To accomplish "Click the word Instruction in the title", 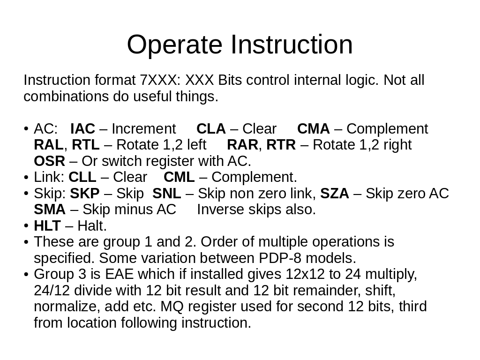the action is pos(292,45).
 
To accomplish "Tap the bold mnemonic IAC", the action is pos(82,129).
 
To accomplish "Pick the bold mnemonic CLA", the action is pos(211,129).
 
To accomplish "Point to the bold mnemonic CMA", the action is pos(314,129).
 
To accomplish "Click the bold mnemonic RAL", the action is pos(49,145).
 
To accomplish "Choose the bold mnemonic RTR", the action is pos(281,145).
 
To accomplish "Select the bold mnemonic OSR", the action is pos(50,161).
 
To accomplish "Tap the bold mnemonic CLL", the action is pos(82,177).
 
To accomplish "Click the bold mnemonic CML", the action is pos(179,177).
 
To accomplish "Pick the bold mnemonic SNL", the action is pos(167,194).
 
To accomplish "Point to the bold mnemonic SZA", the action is pos(335,194).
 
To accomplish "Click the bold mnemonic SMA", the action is pos(50,210).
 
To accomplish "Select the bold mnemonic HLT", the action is pos(47,226).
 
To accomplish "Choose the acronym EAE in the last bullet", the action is pos(120,274).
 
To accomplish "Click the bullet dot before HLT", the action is pos(26,226).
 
